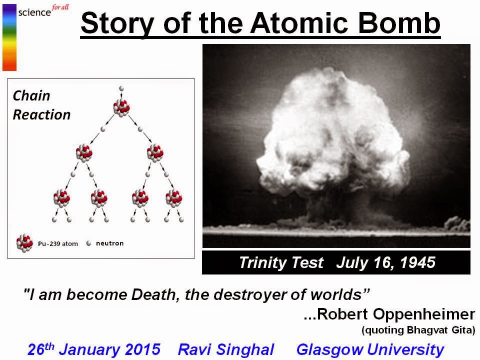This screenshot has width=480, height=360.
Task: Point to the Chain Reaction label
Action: (41, 105)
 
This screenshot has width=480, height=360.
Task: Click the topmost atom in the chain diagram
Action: (121, 107)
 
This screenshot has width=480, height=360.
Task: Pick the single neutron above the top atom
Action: (121, 88)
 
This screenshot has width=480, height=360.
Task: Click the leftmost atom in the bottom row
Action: (62, 198)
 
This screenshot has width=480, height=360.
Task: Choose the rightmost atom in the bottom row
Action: (174, 198)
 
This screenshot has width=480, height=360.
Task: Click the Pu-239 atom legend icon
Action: (25, 243)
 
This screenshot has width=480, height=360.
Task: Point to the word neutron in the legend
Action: (109, 243)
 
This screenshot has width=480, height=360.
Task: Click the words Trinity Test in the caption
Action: (281, 262)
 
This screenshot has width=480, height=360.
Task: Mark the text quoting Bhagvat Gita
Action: (418, 330)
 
